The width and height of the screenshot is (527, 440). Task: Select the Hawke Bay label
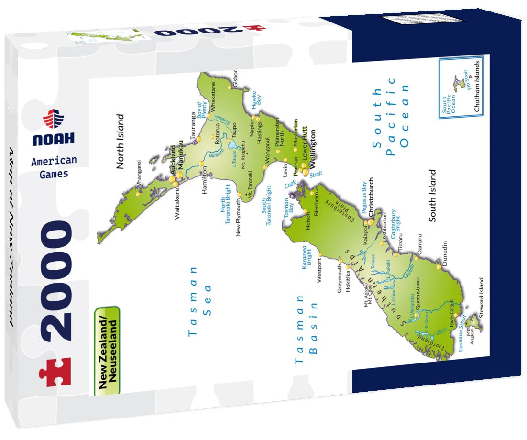256,98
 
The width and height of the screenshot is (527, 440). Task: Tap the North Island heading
120,141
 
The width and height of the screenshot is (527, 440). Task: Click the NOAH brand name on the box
54,139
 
